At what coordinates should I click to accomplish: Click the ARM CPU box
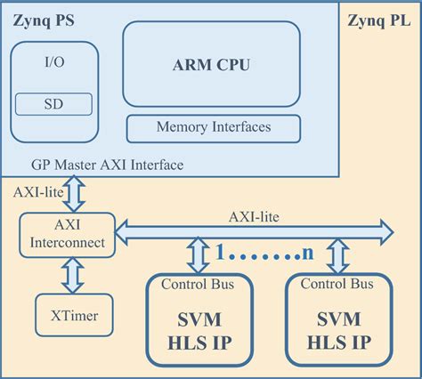click(210, 64)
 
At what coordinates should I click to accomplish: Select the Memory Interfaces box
click(214, 128)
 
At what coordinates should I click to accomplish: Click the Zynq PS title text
click(44, 17)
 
